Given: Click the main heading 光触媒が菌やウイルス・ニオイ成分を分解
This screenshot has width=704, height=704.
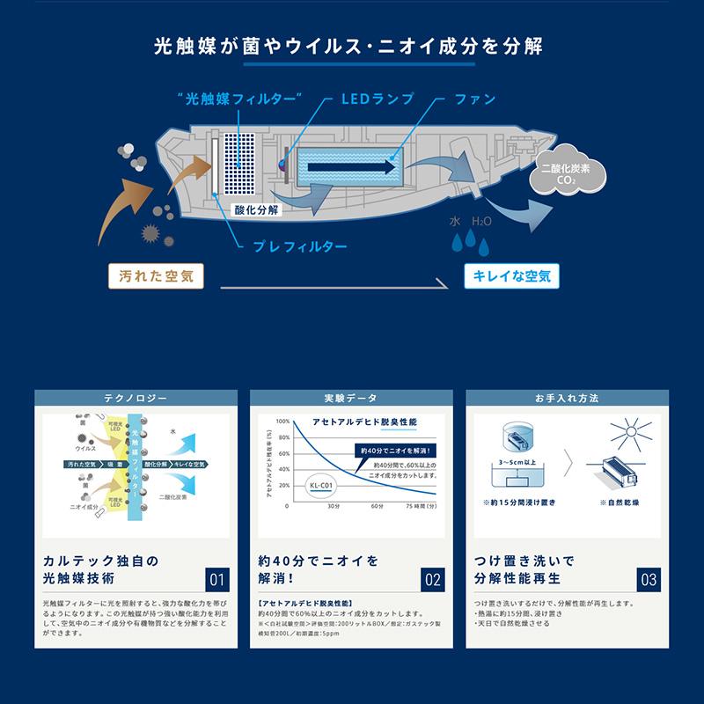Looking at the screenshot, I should point(352,45).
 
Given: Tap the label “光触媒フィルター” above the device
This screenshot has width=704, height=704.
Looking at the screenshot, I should point(239,99).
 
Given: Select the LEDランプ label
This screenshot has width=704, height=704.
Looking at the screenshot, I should point(377,99).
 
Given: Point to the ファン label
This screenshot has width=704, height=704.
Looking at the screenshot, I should point(475,99).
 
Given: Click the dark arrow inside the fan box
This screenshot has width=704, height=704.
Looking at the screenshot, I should point(351,166).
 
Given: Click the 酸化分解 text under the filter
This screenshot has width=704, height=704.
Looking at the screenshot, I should point(256,210).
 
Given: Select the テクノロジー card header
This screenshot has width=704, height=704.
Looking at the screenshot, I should point(136,399).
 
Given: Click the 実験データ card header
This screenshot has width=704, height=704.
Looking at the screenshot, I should point(352,399).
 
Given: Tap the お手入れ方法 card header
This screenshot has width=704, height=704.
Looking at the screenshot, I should point(567,399).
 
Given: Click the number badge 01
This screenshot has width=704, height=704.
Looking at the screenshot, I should point(217,580).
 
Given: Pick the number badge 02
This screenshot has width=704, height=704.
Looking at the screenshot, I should point(433,580).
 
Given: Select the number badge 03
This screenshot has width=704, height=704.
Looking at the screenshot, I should point(649,580).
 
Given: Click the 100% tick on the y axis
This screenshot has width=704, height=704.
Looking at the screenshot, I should point(283,422).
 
